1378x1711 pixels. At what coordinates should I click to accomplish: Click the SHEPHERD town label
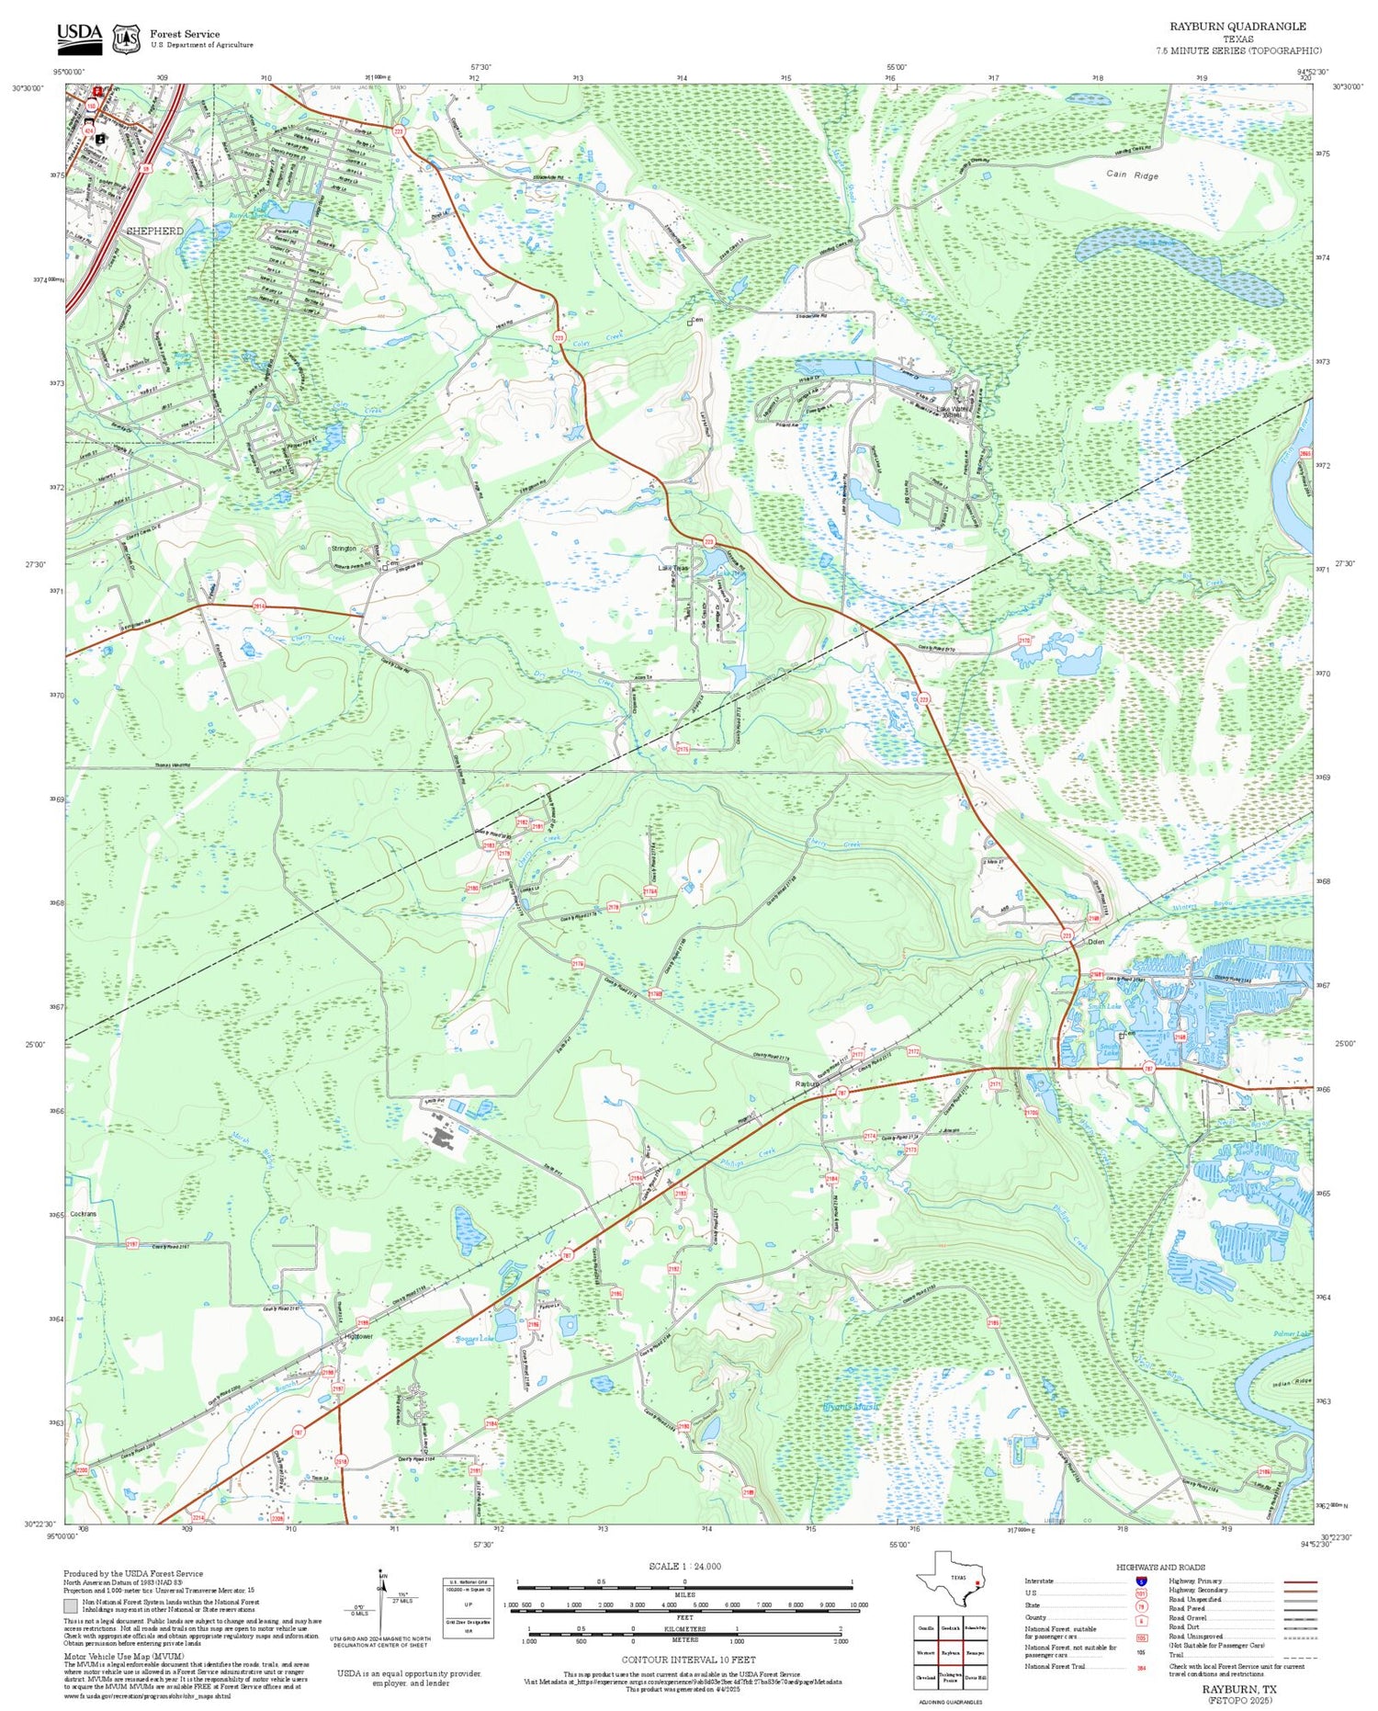(154, 231)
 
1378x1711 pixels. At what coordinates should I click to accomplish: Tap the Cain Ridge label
(1132, 175)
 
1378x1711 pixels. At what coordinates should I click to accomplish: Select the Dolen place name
(1095, 942)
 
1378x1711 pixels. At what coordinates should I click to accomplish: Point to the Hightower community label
(357, 1336)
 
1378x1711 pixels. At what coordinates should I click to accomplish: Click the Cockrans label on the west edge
(82, 1214)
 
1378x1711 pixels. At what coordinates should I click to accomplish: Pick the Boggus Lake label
(475, 1339)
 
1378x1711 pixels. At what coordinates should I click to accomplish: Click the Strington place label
(344, 549)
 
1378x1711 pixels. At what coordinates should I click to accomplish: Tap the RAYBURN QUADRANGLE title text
(1237, 27)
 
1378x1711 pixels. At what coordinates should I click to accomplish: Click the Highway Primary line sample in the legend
(1297, 1581)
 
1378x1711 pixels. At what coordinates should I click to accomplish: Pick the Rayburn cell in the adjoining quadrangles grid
(951, 1653)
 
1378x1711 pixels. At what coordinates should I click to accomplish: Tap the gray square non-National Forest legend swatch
(71, 1606)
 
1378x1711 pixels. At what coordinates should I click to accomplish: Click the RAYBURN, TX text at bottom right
(1244, 1689)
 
